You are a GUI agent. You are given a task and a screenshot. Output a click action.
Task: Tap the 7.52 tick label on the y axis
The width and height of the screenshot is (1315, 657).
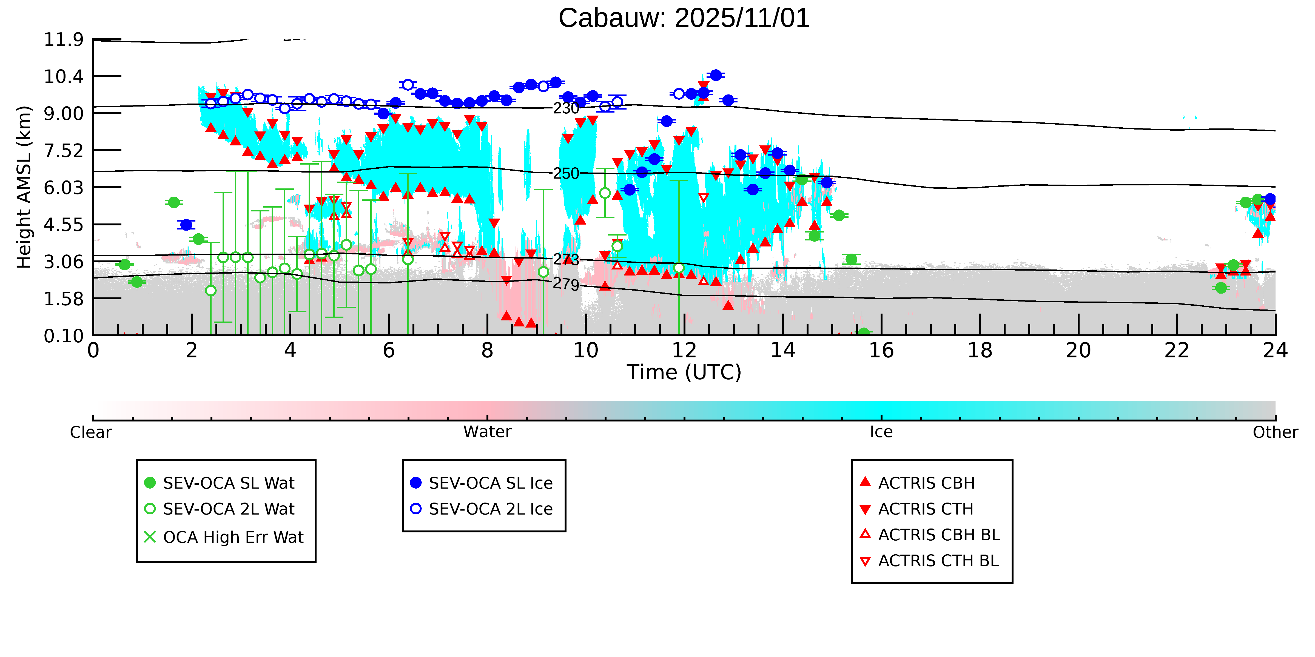point(63,151)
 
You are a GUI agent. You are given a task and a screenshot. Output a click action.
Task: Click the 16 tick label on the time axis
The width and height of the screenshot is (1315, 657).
point(881,351)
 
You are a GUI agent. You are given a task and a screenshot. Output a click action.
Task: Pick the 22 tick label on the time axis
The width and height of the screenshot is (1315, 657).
point(1177,351)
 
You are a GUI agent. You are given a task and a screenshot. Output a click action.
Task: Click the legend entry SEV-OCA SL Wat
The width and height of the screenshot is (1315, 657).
point(229,483)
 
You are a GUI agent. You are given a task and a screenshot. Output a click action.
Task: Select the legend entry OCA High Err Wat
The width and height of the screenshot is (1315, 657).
point(233,537)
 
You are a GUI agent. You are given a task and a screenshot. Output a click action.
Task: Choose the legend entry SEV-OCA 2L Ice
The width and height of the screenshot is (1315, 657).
point(491,509)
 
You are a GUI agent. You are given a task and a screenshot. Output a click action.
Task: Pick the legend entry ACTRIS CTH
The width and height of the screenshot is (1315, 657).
point(926,509)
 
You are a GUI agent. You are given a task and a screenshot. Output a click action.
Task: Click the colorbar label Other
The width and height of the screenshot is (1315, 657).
point(1275,432)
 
